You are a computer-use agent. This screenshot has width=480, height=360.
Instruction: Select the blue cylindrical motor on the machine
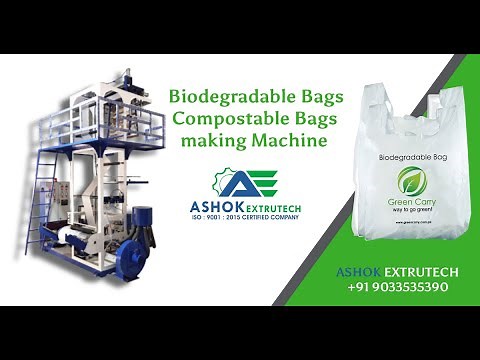[x=140, y=218]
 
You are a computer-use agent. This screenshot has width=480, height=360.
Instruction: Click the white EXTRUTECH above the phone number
[x=413, y=271]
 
